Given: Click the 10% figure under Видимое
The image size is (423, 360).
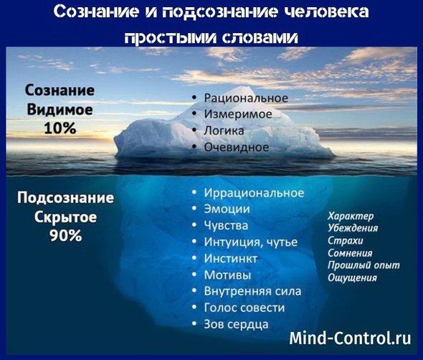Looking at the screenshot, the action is tap(60, 128).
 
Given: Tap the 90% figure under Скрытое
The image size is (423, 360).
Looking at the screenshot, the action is tap(65, 235).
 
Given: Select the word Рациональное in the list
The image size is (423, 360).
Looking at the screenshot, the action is tap(246, 98).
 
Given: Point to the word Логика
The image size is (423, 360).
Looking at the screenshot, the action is tap(224, 131).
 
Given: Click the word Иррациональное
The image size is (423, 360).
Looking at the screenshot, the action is tap(254, 193).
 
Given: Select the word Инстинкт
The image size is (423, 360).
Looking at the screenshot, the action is tap(230, 259).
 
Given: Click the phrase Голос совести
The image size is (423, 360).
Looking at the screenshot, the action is tap(244, 308).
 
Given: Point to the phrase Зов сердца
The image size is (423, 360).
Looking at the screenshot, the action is tap(236, 324).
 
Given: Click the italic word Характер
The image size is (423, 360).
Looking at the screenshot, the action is tap(351, 216).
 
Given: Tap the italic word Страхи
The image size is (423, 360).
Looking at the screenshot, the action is tap(346, 240).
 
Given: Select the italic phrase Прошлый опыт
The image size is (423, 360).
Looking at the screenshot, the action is tap(363, 265).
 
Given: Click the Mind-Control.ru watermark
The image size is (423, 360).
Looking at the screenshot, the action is tap(350, 338).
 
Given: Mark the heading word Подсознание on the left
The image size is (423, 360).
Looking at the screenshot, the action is tap(65, 198).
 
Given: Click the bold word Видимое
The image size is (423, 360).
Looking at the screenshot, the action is tap(60, 109).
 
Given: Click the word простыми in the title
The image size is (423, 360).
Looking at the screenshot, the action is tap(171, 38).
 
